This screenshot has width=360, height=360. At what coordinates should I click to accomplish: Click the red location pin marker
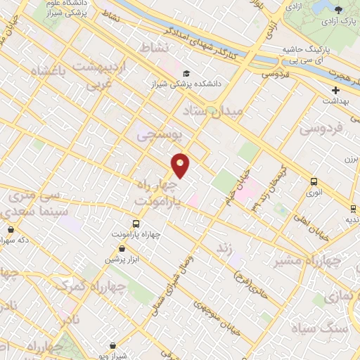(x=181, y=165)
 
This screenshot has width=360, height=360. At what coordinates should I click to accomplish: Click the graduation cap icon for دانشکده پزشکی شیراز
(x=186, y=73)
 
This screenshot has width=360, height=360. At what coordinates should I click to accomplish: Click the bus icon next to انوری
(x=314, y=181)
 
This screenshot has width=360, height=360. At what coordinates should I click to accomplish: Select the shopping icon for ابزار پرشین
(x=122, y=248)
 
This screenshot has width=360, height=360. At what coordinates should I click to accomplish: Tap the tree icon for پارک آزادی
(x=339, y=9)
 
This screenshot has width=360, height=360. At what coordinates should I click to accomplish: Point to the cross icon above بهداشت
(x=335, y=90)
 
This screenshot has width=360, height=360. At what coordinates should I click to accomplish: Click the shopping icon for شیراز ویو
(x=114, y=345)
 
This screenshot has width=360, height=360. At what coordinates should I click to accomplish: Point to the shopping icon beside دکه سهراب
(x=10, y=229)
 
